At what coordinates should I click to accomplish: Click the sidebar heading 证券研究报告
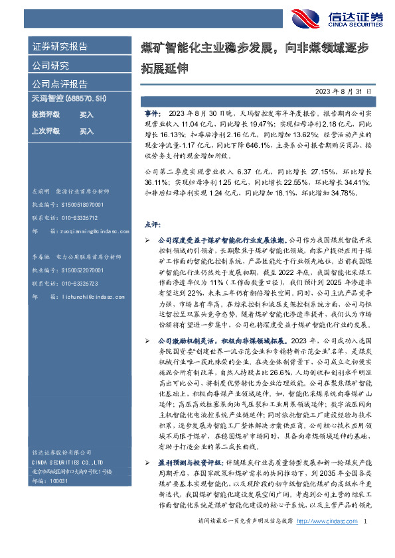coord(60,47)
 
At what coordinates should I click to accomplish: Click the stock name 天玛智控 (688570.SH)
coord(69,98)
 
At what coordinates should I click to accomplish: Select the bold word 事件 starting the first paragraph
coord(151,114)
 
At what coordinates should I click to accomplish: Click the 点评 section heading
coord(152,224)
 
